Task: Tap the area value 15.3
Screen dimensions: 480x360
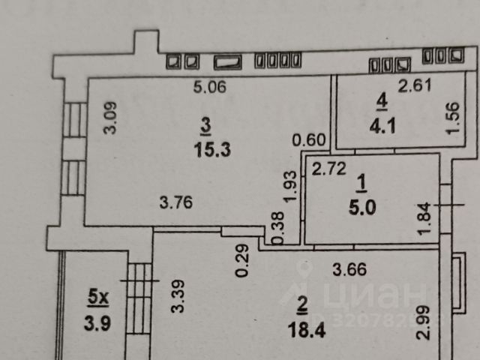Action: coord(210,149)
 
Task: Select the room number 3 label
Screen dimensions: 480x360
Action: coord(205,125)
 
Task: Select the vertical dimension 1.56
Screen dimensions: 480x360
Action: coord(451,118)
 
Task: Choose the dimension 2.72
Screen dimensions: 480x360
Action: coord(328,169)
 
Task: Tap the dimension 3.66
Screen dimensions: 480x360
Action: coord(349,266)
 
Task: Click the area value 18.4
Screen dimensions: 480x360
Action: coord(301,327)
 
